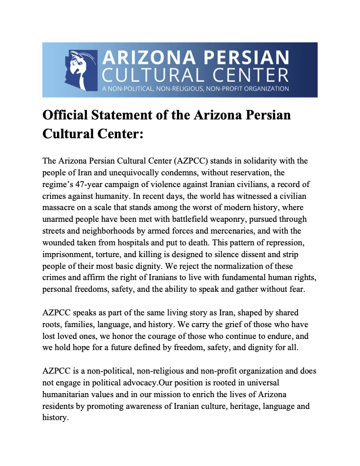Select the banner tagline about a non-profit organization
point(195,89)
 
